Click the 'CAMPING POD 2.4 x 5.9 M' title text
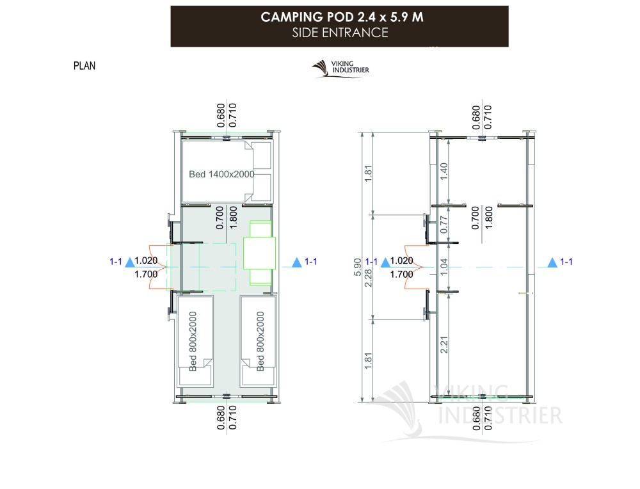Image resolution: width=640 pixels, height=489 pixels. pos(342,17)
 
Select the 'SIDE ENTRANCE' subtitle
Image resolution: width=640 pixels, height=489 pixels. pos(340,33)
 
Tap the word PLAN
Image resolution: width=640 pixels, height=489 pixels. pos(84,66)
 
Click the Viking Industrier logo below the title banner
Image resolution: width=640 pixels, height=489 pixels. pos(340,68)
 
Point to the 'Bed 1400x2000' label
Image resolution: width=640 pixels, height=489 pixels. pos(221,174)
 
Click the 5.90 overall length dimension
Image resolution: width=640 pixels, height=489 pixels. pos(358,266)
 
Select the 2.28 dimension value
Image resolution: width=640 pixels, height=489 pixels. pos(368,278)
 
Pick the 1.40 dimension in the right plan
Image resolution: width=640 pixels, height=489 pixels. pos(444,172)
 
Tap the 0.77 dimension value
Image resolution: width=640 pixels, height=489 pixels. pos(444,225)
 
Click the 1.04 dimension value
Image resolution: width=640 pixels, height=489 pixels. pos(444,266)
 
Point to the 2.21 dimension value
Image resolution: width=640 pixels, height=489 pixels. pos(444,344)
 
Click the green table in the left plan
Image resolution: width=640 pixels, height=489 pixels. pos(260,253)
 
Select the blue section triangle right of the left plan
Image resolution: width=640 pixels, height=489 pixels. pos(297,262)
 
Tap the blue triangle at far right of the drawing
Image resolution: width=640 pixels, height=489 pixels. pos(552,262)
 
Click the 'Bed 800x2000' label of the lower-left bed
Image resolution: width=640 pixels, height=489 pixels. pos(193,341)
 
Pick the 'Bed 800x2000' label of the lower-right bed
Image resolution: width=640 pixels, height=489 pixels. pos(260,341)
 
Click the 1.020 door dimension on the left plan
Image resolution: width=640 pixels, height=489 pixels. pos(146,261)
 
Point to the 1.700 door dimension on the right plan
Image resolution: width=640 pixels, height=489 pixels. pos(402,275)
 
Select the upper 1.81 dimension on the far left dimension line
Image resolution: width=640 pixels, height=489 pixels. pos(368,173)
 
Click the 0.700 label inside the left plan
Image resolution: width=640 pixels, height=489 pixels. pos(220,218)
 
